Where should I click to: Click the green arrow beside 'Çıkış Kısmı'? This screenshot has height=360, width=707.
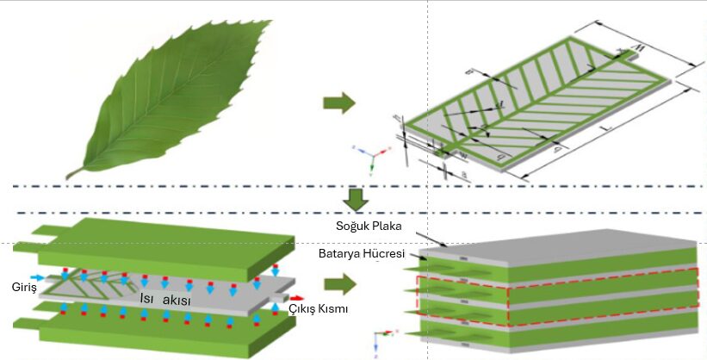(x=339, y=283)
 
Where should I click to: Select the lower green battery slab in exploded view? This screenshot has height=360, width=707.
(x=155, y=332)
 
